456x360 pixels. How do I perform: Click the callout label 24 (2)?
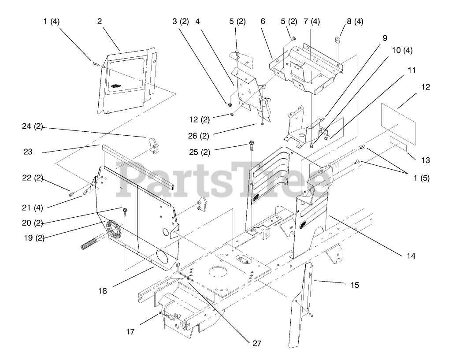click(x=32, y=126)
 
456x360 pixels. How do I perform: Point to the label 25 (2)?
click(x=199, y=152)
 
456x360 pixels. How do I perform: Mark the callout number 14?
click(x=411, y=256)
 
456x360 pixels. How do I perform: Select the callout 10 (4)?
click(x=402, y=50)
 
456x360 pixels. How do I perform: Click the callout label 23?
click(x=28, y=151)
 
